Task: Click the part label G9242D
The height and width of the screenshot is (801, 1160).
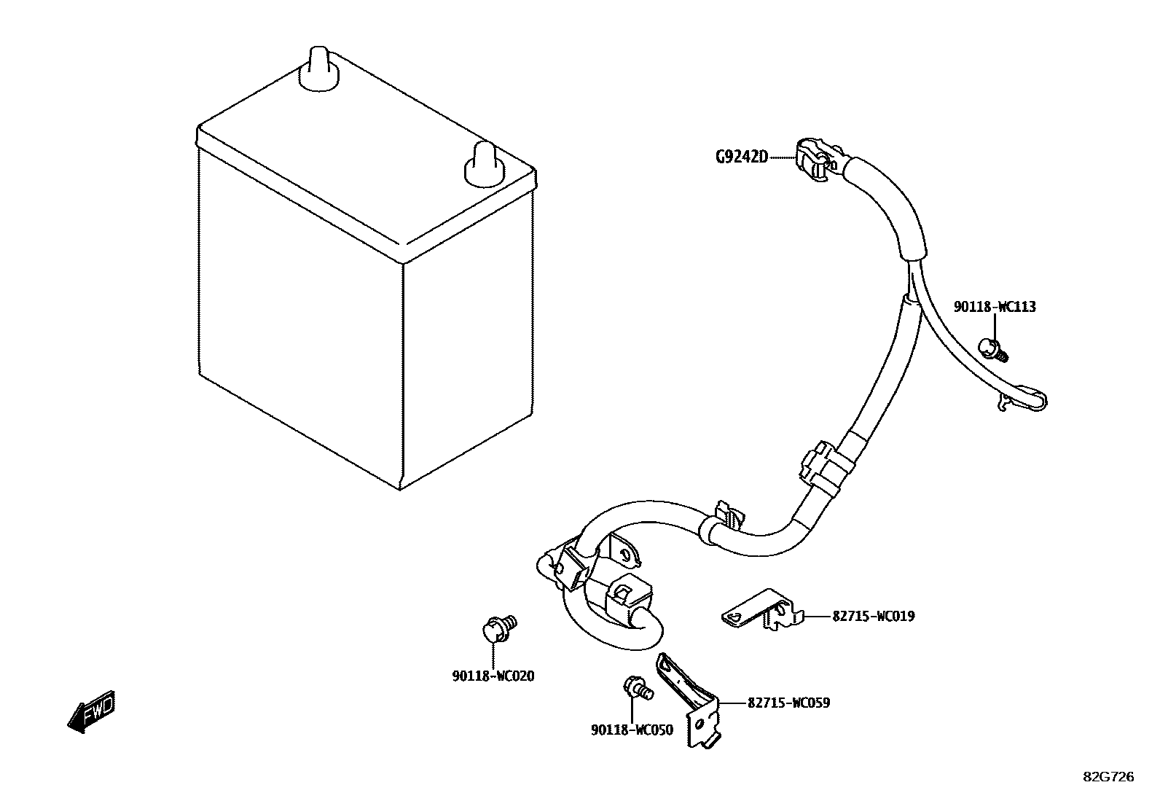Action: [741, 157]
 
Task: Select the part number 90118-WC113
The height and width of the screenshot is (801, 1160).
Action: [995, 308]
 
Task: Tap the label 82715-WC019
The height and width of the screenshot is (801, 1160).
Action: [873, 617]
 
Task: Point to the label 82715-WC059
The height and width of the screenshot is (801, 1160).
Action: [788, 703]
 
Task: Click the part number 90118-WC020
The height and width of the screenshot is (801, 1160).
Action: [493, 676]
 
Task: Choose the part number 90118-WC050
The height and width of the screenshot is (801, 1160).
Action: [632, 730]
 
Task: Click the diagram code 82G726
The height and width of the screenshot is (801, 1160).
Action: [1108, 778]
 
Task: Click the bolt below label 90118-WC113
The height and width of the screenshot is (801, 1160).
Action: [993, 349]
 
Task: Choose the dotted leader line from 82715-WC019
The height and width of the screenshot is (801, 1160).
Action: [817, 617]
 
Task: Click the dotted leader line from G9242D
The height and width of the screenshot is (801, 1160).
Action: [781, 157]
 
